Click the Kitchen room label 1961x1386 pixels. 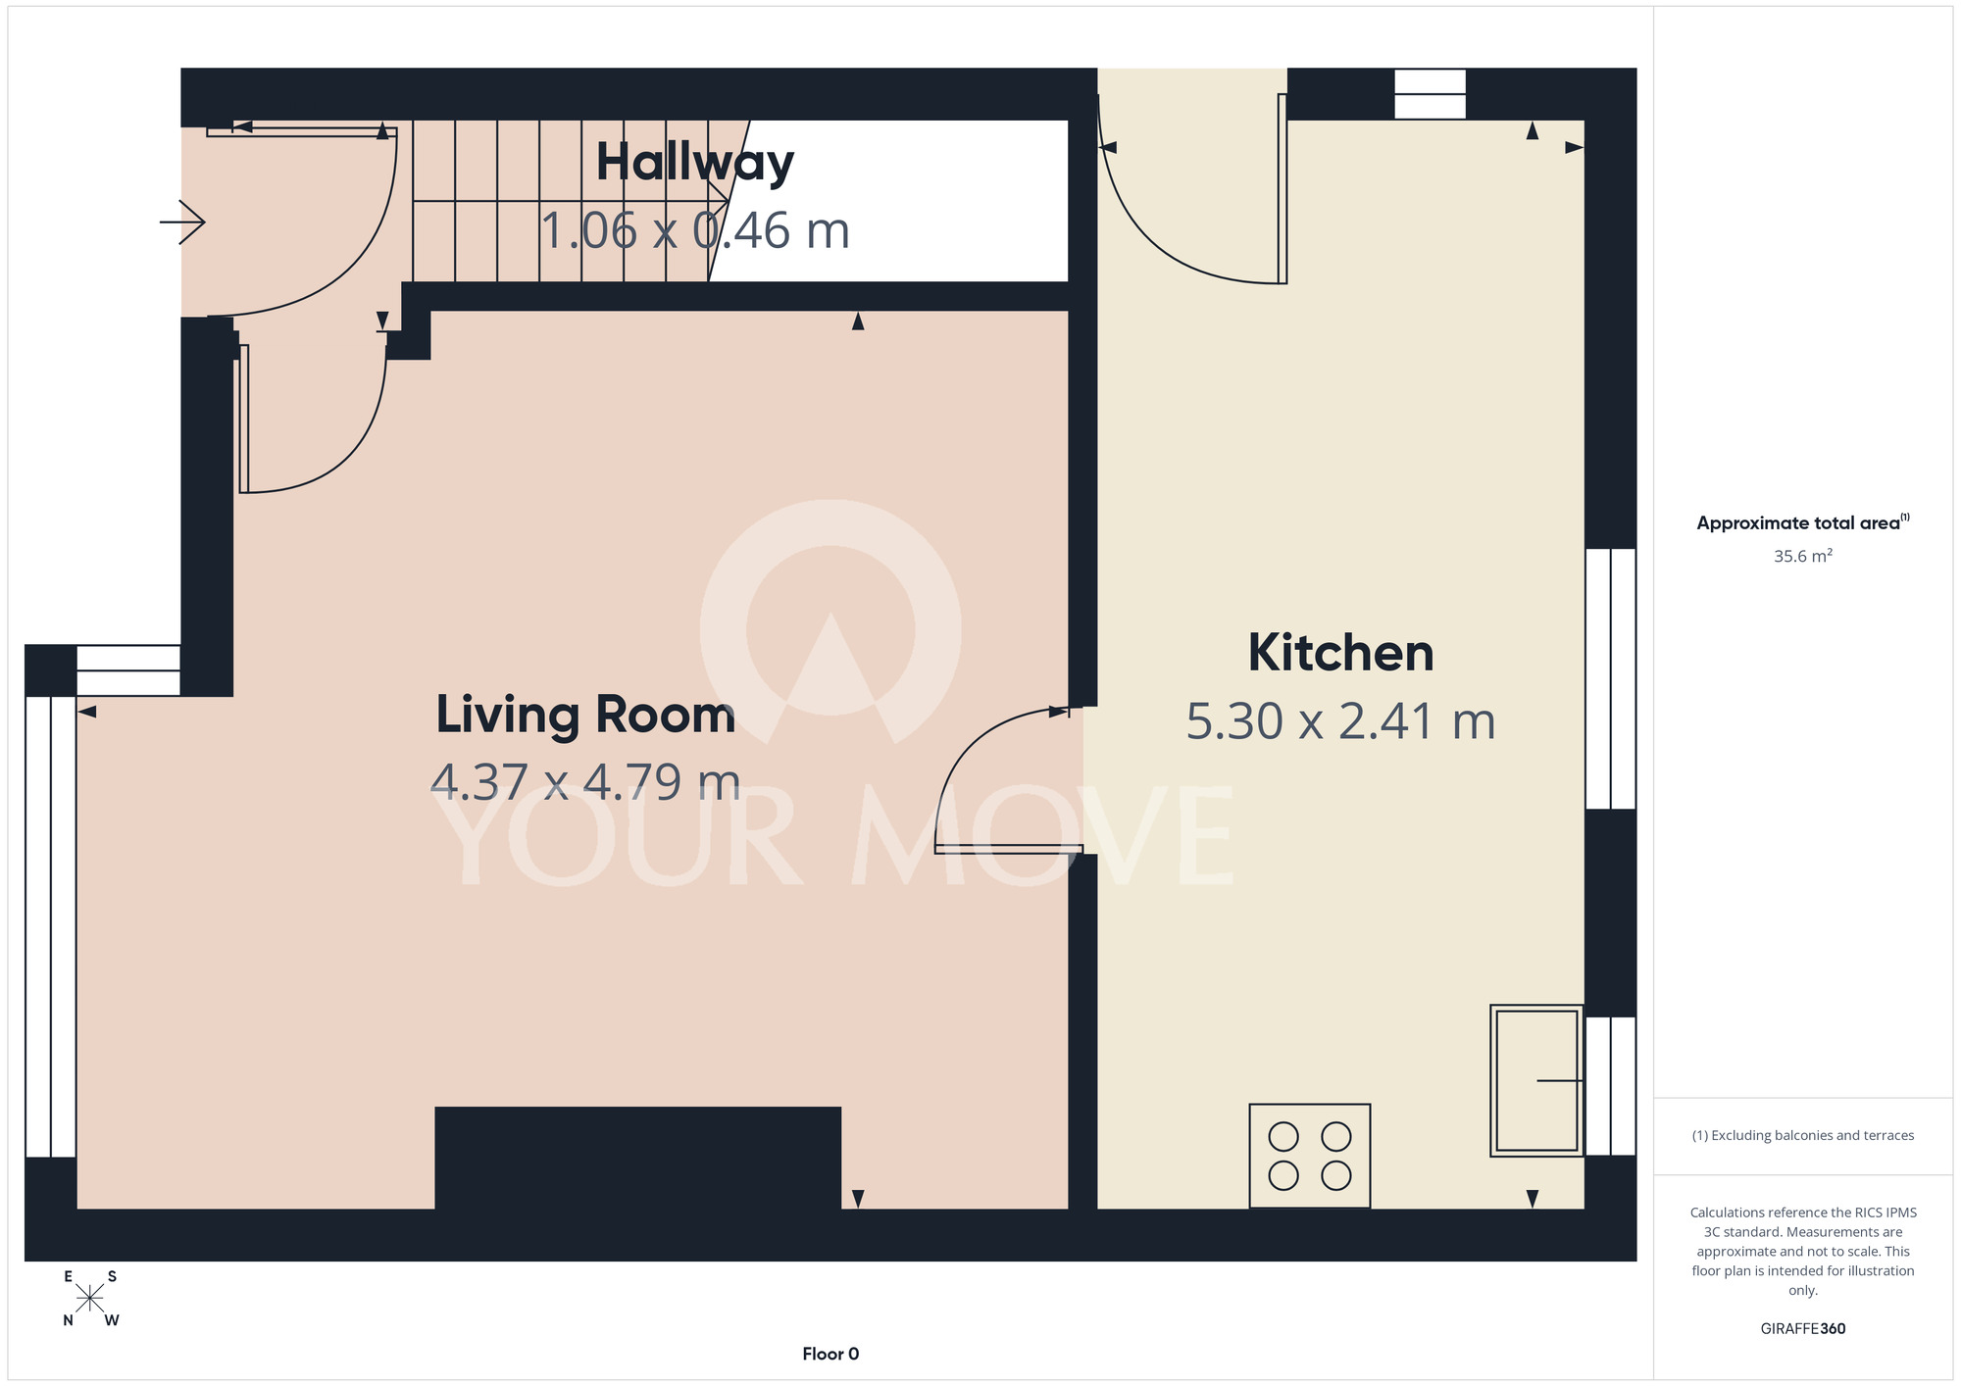pyautogui.click(x=1340, y=653)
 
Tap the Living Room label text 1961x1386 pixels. pyautogui.click(x=585, y=715)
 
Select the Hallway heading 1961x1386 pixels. pyautogui.click(x=695, y=163)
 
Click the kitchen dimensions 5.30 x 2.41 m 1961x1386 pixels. pyautogui.click(x=1340, y=721)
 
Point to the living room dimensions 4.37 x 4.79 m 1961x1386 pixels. pyautogui.click(x=585, y=782)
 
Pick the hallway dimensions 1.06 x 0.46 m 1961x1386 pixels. pyautogui.click(x=695, y=231)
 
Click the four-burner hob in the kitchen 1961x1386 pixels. pyautogui.click(x=1310, y=1156)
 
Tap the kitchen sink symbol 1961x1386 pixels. pyautogui.click(x=1536, y=1080)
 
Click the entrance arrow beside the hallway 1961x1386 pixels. pyautogui.click(x=182, y=223)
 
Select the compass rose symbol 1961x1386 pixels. pyautogui.click(x=89, y=1299)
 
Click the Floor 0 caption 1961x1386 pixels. pyautogui.click(x=830, y=1354)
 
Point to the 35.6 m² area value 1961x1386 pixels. pyautogui.click(x=1803, y=556)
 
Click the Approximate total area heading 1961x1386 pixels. pyautogui.click(x=1803, y=522)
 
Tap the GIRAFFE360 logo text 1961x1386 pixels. pyautogui.click(x=1803, y=1329)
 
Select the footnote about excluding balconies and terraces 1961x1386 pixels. pyautogui.click(x=1803, y=1135)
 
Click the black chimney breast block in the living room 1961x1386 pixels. pyautogui.click(x=637, y=1158)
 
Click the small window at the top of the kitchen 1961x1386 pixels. pyautogui.click(x=1430, y=94)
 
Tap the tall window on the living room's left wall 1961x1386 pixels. pyautogui.click(x=50, y=926)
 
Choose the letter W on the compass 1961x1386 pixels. pyautogui.click(x=112, y=1320)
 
